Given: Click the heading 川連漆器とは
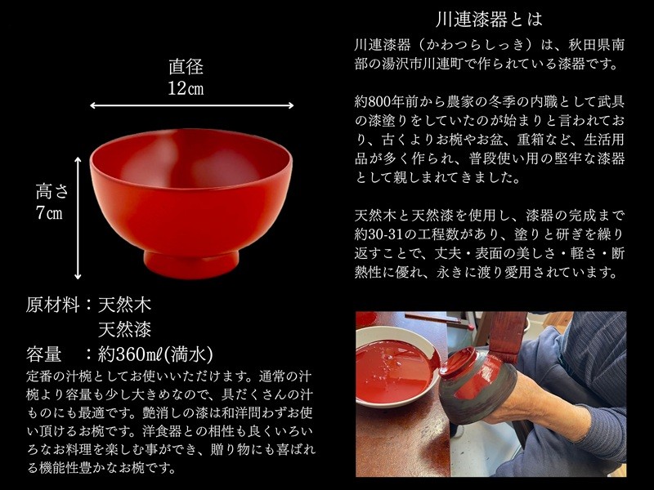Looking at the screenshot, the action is [489, 19].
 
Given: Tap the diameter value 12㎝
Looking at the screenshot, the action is [186, 88].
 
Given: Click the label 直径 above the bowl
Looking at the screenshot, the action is [186, 67].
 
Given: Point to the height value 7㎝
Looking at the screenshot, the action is [49, 213].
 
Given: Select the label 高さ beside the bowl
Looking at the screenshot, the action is [52, 192].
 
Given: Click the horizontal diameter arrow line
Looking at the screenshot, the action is [192, 106].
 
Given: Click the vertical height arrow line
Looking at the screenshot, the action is [78, 218].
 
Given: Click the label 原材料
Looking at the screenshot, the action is [53, 305].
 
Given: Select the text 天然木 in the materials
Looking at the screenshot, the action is [125, 305].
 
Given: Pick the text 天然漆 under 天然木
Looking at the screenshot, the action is [125, 329].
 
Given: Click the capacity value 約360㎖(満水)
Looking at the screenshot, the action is [155, 354].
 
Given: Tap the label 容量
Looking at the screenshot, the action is [44, 354].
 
